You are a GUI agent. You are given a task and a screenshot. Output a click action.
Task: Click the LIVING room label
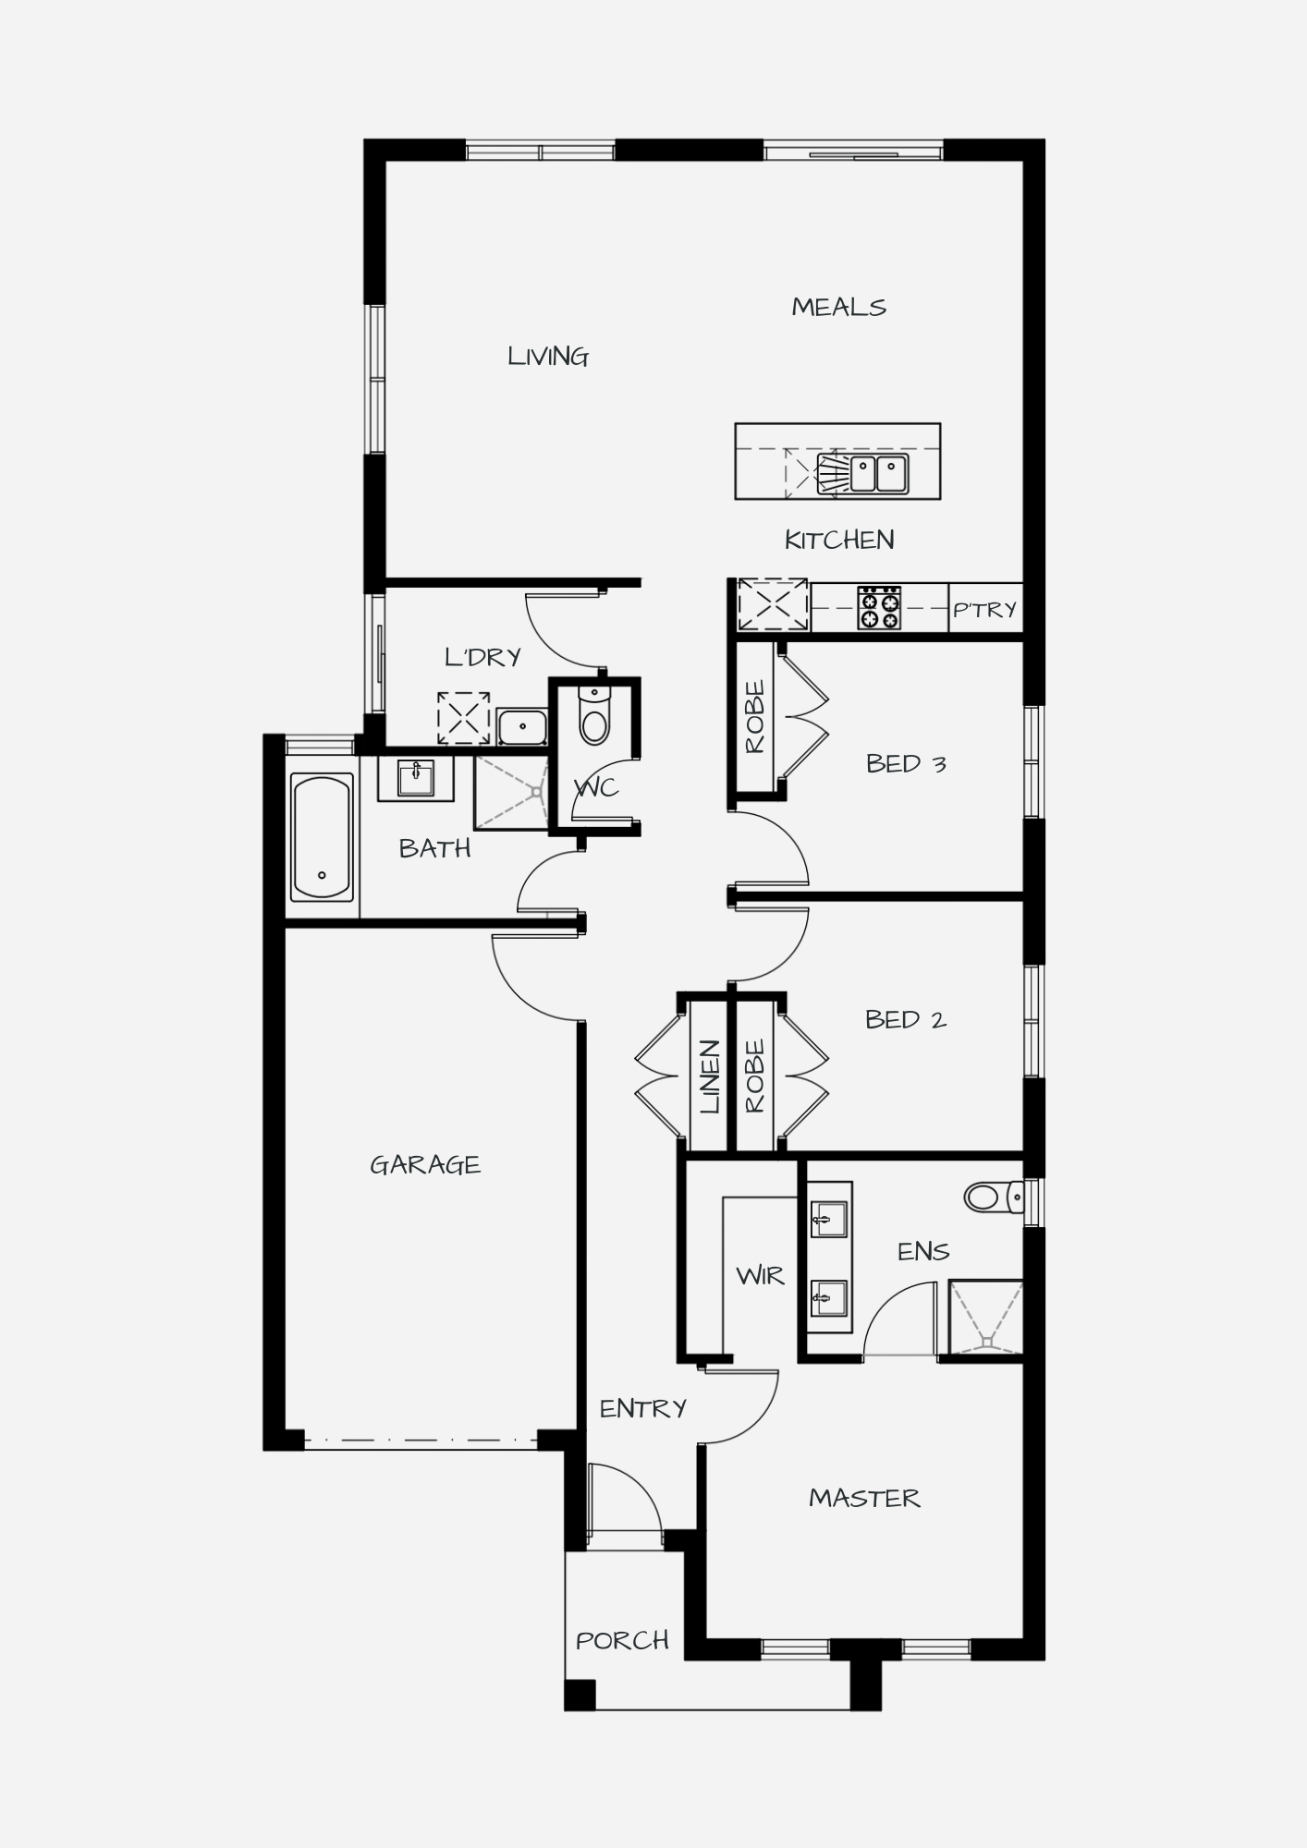coord(548,357)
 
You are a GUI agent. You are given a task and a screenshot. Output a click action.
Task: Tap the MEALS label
coord(838,307)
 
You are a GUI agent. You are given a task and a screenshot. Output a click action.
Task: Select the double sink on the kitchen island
coord(879,474)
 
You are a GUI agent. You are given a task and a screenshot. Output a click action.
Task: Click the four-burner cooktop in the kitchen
coord(879,608)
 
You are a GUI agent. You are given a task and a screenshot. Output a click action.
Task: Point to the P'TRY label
coord(984,609)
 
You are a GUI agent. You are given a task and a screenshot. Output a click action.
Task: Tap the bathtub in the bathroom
coord(322,837)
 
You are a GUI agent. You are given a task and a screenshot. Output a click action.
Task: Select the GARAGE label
coord(425,1164)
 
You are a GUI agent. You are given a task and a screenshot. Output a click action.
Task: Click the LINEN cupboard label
coord(710,1076)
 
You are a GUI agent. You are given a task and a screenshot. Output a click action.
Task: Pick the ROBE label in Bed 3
coord(755,717)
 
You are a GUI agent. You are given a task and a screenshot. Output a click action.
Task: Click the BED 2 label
coord(906,1019)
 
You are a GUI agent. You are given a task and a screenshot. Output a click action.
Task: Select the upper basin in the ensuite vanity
coord(828,1220)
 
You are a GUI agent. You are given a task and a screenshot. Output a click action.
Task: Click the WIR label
coord(760,1276)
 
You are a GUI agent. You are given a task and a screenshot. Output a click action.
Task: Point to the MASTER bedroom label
coord(864,1498)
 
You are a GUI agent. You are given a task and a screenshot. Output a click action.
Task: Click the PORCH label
coord(622,1640)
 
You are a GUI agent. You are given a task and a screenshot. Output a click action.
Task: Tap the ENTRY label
coord(643,1408)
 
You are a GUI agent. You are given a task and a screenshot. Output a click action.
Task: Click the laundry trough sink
coord(522,726)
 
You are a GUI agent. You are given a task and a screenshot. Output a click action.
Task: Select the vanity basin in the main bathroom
coord(416,778)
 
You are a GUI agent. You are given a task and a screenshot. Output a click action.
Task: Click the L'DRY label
coord(482,657)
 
